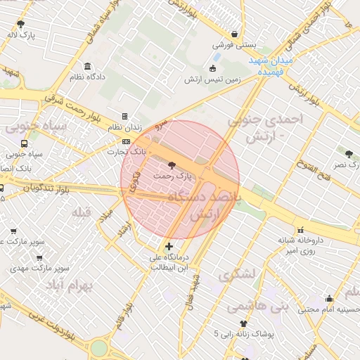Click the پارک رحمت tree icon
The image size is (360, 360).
click(173, 165)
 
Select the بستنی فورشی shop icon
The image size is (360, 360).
click(234, 34)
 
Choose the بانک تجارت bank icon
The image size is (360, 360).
click(126, 141)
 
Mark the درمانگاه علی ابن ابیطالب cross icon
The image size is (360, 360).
click(168, 246)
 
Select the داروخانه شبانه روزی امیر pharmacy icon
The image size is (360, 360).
click(301, 229)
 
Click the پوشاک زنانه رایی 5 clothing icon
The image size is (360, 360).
click(244, 323)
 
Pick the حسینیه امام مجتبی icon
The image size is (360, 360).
click(329, 299)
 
